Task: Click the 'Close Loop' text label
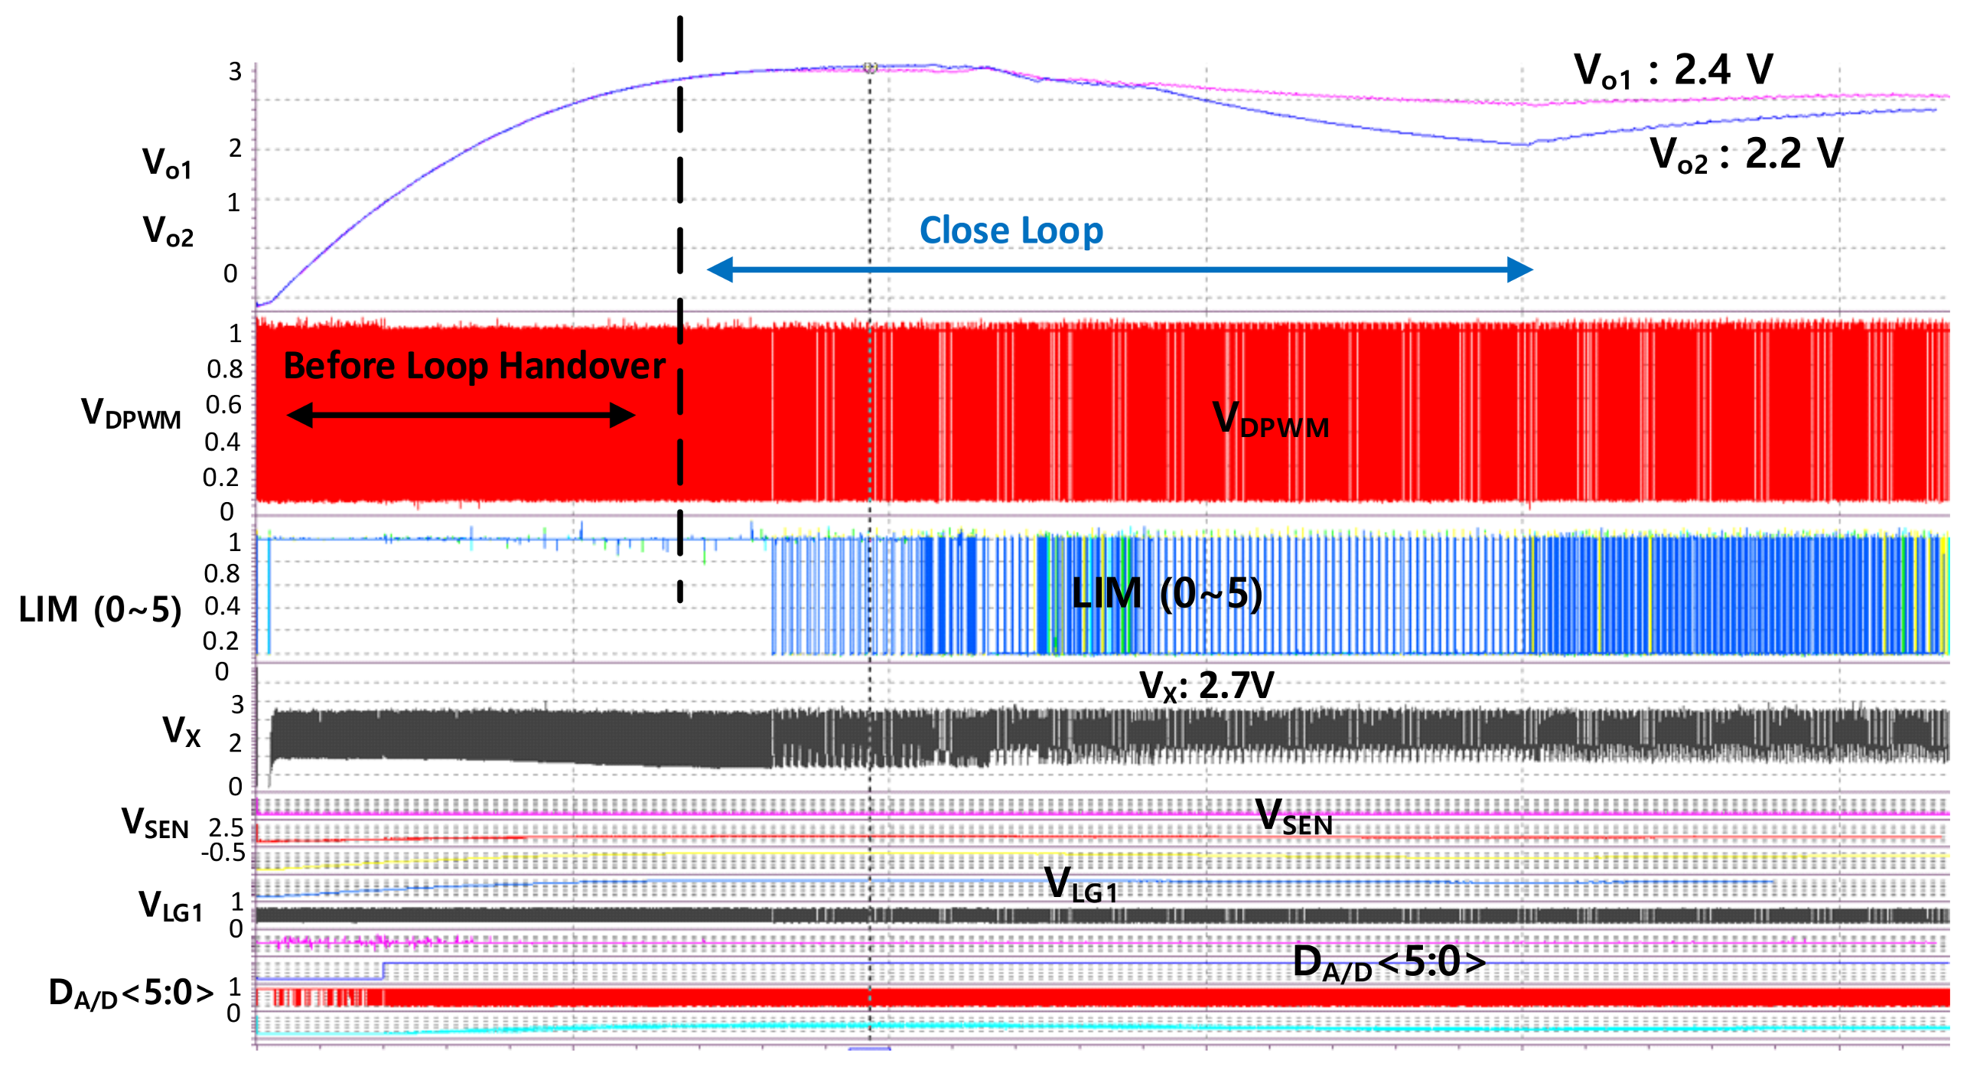[1011, 230]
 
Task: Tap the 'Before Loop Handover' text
[474, 366]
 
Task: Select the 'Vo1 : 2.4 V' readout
[1673, 70]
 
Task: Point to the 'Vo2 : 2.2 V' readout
[1746, 155]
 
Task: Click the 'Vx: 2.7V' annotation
[1207, 686]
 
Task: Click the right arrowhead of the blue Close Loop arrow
[1520, 269]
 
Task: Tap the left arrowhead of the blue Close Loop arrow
[720, 269]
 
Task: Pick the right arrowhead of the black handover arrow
[623, 416]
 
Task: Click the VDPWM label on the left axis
[131, 413]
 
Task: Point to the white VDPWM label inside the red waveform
[1271, 420]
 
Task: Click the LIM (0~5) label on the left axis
[100, 610]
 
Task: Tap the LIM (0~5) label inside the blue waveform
[1167, 593]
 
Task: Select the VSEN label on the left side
[155, 824]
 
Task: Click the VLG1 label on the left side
[171, 906]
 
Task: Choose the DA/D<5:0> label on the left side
[131, 994]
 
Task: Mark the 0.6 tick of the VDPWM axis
[224, 405]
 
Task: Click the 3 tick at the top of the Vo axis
[235, 72]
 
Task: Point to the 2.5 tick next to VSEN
[226, 827]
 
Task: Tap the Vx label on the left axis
[181, 731]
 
